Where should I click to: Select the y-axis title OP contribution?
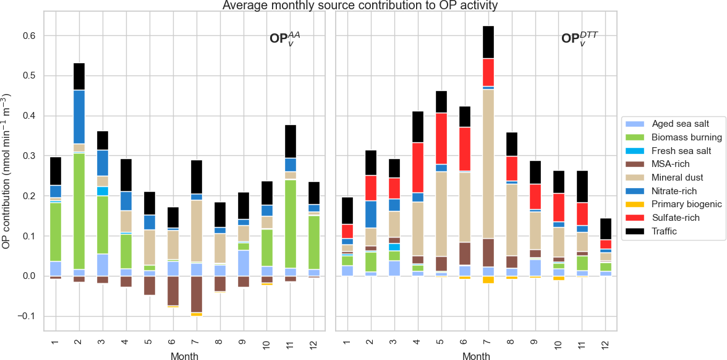click(x=7, y=173)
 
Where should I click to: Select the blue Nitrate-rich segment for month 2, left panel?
click(x=79, y=117)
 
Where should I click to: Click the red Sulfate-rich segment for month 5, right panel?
click(x=441, y=138)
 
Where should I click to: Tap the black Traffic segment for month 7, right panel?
click(x=488, y=42)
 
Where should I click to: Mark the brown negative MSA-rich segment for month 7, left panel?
click(x=196, y=294)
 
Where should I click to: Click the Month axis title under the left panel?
click(x=184, y=356)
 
